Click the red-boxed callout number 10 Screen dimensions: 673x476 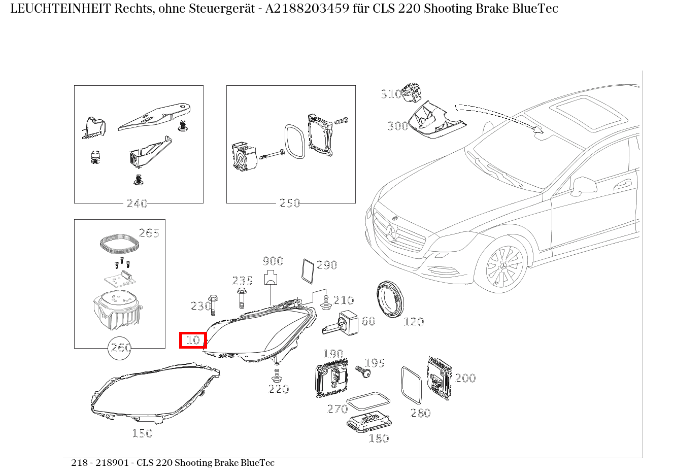click(x=193, y=340)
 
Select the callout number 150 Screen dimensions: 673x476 click(x=143, y=433)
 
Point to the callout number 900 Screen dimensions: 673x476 click(x=273, y=261)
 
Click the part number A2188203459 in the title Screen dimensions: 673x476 click(x=308, y=9)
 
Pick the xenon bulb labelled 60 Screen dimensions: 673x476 click(x=341, y=323)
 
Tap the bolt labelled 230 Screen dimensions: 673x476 click(x=213, y=305)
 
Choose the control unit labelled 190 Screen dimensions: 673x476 click(x=331, y=378)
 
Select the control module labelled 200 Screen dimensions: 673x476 click(x=439, y=378)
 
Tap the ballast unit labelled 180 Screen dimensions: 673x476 click(x=369, y=422)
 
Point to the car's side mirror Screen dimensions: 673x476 click(x=584, y=186)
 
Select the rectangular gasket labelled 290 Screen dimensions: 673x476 click(x=308, y=271)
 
